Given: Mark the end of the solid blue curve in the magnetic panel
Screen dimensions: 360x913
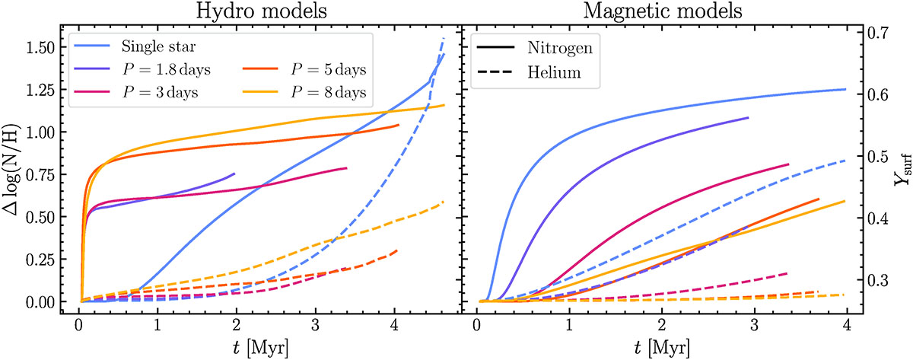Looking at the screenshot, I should (846, 89).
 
